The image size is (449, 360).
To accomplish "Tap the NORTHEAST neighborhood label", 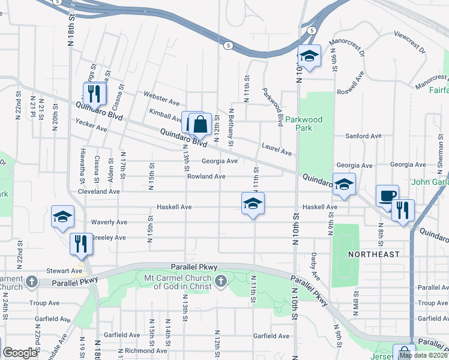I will [374, 254].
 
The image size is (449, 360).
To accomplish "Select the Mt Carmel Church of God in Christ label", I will [178, 282].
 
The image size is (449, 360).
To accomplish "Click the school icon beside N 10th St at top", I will [309, 56].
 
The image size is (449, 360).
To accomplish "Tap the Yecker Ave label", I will [91, 125].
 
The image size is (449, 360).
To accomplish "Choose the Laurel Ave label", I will [276, 147].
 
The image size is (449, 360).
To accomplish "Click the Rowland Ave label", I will [205, 176].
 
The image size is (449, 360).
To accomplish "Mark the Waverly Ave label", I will [109, 222].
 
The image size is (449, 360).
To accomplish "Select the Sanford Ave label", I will [363, 136].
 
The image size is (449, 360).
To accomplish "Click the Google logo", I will [20, 353].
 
